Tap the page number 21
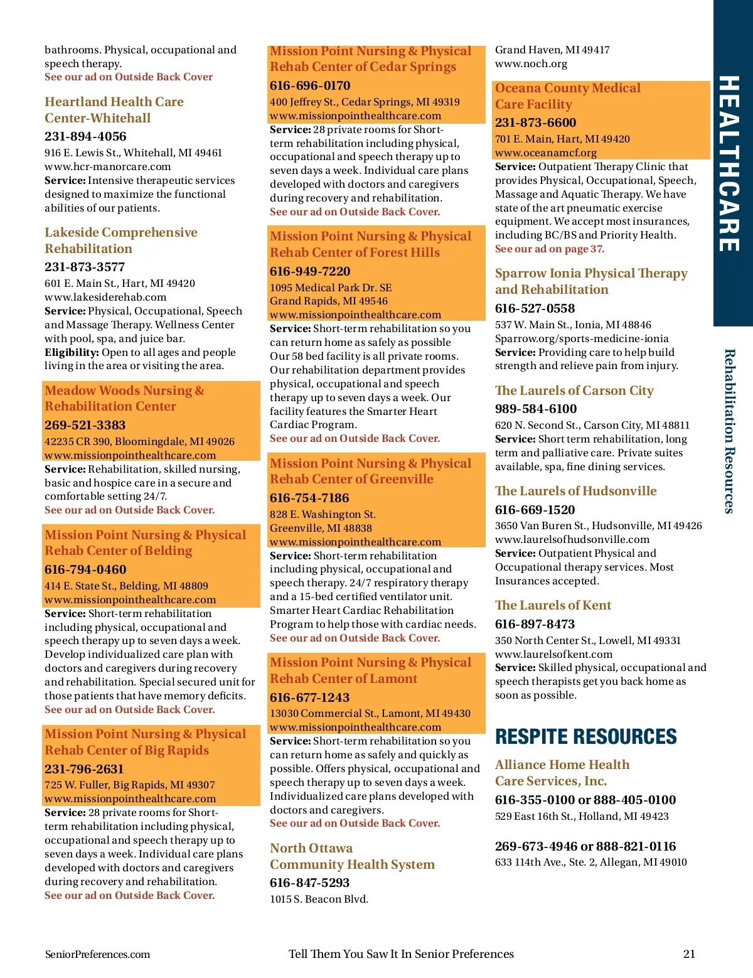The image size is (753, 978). pos(689,954)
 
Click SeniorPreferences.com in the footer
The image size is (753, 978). pos(97,954)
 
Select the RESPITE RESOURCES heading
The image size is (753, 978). pos(585,736)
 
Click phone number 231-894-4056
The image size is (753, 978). pos(85,136)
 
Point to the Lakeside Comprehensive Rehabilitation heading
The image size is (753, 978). pos(120,240)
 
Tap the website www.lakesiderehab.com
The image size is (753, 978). pos(105,297)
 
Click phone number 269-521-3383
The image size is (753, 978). pos(85,425)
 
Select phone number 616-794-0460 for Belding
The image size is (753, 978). pos(85,569)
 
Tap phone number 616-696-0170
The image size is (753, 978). pos(310,85)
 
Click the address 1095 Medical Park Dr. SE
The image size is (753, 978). pos(331,287)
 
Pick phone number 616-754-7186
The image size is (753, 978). pos(309,498)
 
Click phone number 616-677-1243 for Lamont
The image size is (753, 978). pos(309,697)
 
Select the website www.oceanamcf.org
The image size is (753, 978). pos(546,153)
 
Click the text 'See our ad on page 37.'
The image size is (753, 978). pos(550,249)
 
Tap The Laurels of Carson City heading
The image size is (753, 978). pos(574,390)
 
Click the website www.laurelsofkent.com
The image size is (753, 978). pos(553,654)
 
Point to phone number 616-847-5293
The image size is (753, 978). pos(309,883)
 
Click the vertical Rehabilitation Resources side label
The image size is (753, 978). pos(729,431)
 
